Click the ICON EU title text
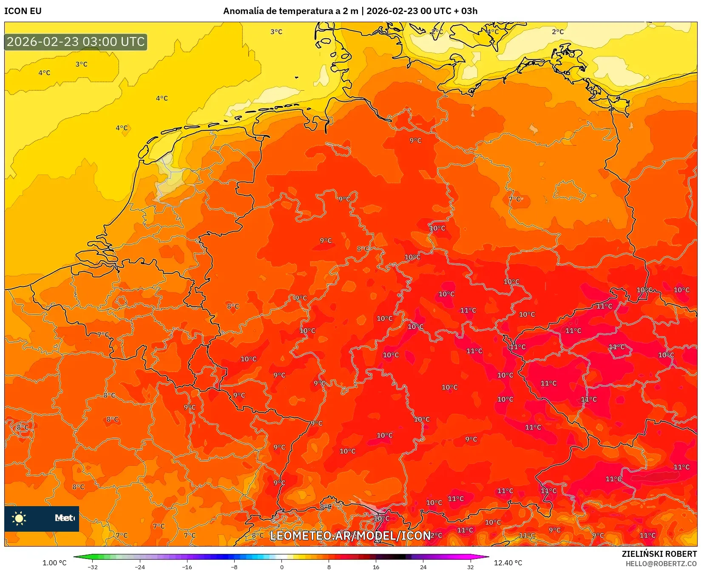[x=23, y=11]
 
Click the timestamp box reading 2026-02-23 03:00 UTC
[x=76, y=42]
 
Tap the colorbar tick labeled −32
[x=92, y=567]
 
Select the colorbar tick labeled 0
[x=281, y=567]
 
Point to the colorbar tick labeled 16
[x=376, y=567]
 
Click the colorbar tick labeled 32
[x=470, y=567]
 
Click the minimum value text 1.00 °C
[x=54, y=563]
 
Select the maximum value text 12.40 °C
[x=508, y=563]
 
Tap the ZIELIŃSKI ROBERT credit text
[x=659, y=554]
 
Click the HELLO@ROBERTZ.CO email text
[x=661, y=564]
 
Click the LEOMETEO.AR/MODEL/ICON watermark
[x=350, y=536]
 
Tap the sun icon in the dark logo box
[x=19, y=518]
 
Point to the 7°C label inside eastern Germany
[x=515, y=199]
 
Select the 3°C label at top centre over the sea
[x=276, y=32]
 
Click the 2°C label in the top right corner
[x=558, y=32]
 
